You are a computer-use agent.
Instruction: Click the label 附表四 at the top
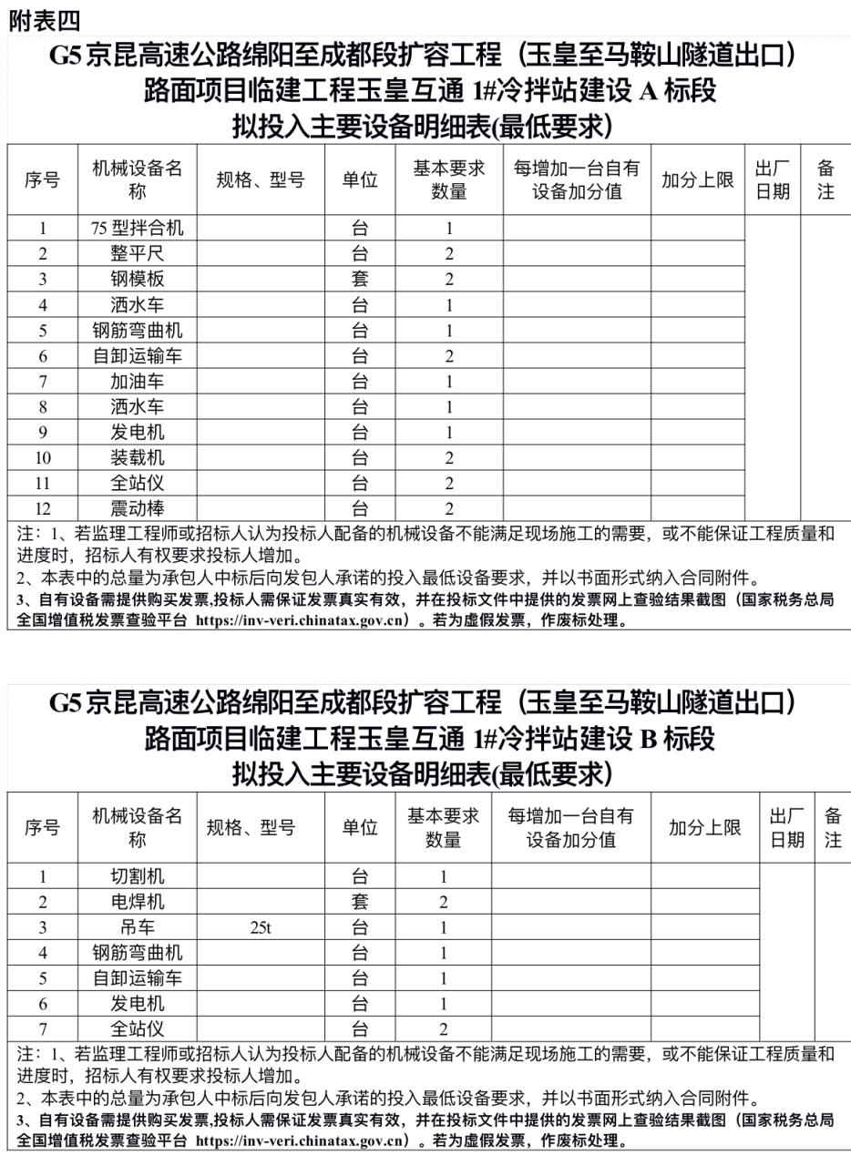tap(45, 21)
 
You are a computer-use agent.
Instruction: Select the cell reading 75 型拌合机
tap(138, 228)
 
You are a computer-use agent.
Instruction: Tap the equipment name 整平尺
tap(138, 253)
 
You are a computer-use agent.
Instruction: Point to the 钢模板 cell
tap(138, 279)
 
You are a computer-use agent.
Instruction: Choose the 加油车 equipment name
tap(138, 381)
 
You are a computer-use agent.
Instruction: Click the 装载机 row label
tap(138, 457)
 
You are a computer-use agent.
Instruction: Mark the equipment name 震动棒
tap(138, 508)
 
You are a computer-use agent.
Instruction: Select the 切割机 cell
tap(138, 876)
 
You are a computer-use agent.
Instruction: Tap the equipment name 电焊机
tap(138, 902)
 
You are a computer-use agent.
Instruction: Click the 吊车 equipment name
tap(138, 927)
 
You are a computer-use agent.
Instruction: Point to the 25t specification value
tap(261, 927)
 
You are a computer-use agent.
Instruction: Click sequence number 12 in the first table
tap(43, 508)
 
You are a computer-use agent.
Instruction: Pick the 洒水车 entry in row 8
tap(138, 406)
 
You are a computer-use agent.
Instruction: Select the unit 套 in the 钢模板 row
tap(360, 279)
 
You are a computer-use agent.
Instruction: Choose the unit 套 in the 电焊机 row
tap(360, 902)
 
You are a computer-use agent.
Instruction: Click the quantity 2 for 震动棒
tap(449, 508)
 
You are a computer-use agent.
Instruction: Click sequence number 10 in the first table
tap(43, 457)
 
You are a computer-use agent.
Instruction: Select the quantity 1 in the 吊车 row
tap(444, 927)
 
